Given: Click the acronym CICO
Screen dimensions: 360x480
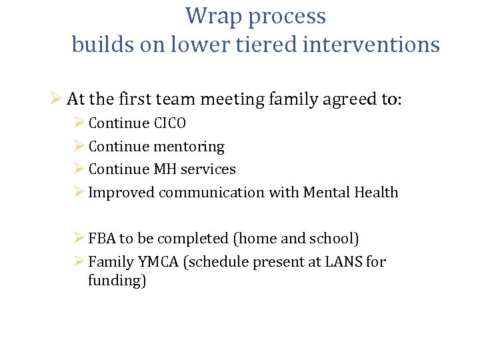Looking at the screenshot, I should (170, 123).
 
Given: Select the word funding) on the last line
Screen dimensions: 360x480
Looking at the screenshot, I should (117, 281).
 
